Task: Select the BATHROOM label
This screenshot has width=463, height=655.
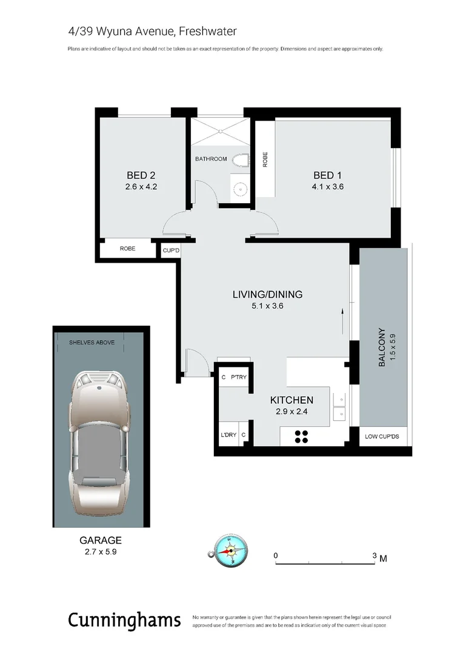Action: click(x=211, y=160)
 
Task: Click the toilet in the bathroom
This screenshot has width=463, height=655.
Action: click(x=242, y=160)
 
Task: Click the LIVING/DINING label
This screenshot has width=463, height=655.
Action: click(x=267, y=295)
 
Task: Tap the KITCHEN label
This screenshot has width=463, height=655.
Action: click(x=291, y=400)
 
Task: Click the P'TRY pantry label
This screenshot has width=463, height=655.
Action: click(x=238, y=377)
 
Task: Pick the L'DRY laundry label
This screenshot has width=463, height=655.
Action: click(x=228, y=435)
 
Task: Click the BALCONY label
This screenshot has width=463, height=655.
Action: click(x=382, y=348)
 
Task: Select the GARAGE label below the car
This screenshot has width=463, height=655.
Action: click(x=101, y=540)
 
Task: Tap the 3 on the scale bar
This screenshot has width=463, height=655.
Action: click(x=375, y=556)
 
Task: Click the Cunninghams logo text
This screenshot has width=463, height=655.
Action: click(x=124, y=620)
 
